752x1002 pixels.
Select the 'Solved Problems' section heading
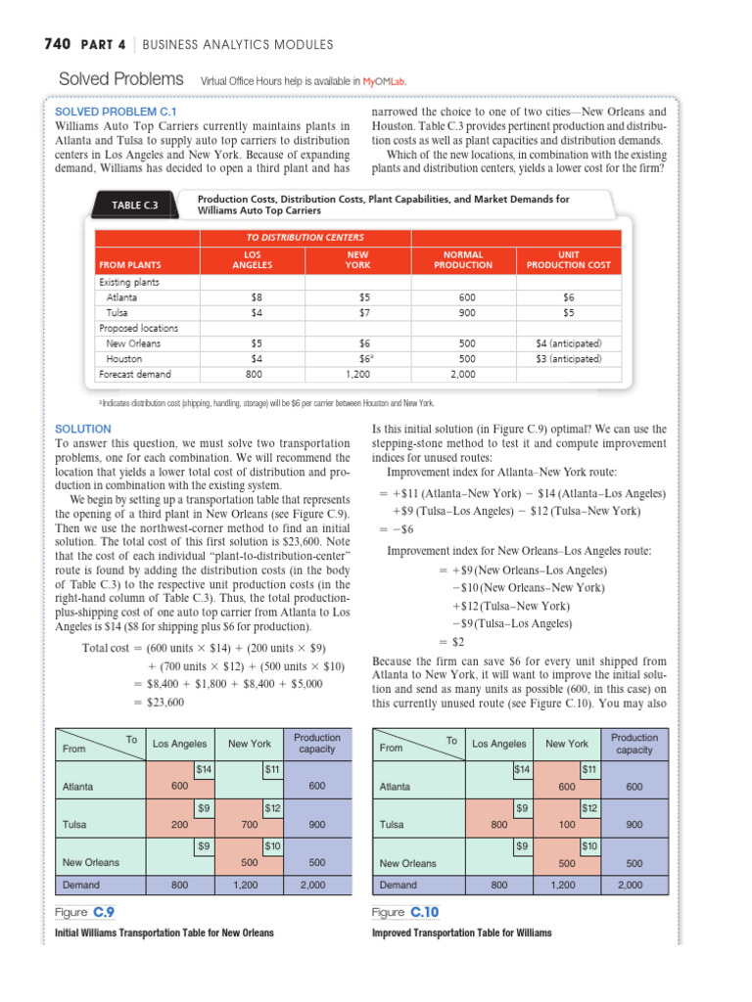pyautogui.click(x=121, y=79)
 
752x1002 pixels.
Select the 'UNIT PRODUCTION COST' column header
pyautogui.click(x=568, y=259)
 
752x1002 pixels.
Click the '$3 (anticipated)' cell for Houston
pyautogui.click(x=568, y=359)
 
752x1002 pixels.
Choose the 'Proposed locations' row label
pyautogui.click(x=132, y=328)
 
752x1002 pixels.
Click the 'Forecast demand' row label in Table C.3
pyautogui.click(x=134, y=374)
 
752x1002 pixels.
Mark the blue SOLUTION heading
pyautogui.click(x=83, y=429)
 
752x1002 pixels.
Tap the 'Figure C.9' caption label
pyautogui.click(x=85, y=913)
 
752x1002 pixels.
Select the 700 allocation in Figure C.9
pyautogui.click(x=249, y=825)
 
